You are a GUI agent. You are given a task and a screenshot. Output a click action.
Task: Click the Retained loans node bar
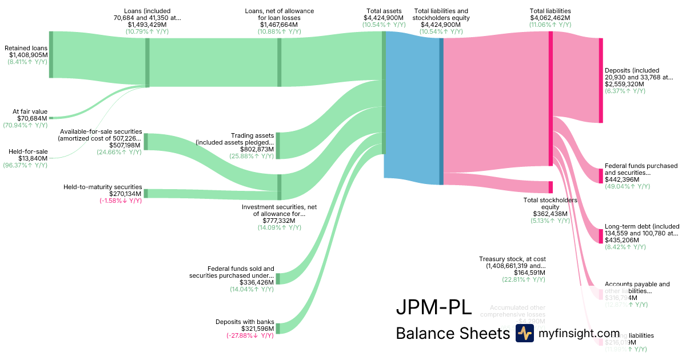click(51, 54)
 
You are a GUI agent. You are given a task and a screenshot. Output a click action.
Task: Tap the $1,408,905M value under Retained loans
click(28, 55)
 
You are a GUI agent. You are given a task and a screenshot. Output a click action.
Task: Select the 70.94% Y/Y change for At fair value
click(25, 125)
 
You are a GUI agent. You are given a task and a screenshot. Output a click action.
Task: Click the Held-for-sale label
click(28, 151)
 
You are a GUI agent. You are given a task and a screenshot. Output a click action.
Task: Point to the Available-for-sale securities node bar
click(146, 141)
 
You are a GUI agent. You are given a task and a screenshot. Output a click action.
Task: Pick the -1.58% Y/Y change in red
click(119, 201)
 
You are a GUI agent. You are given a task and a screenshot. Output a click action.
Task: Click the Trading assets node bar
click(278, 145)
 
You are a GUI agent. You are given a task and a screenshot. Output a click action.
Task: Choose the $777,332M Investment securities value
click(278, 221)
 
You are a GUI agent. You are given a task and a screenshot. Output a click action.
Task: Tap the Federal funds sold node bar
click(278, 278)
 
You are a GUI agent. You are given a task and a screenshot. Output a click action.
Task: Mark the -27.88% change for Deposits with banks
click(250, 335)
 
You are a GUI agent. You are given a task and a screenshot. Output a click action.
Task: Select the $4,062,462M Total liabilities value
click(550, 18)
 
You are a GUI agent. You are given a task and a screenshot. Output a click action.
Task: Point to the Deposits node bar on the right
click(601, 80)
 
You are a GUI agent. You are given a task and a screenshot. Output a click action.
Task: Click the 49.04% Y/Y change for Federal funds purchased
click(628, 186)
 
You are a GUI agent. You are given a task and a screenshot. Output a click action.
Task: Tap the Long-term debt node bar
click(601, 236)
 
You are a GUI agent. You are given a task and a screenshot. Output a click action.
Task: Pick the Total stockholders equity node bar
click(551, 187)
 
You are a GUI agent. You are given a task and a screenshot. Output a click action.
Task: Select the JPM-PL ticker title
click(434, 307)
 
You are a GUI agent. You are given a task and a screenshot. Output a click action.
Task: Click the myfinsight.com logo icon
click(524, 333)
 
